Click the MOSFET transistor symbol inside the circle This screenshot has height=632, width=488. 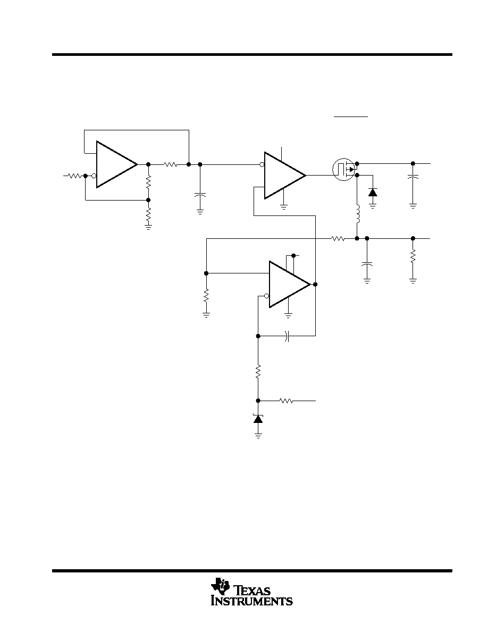(x=343, y=169)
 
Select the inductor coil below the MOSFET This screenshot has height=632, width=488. (x=357, y=214)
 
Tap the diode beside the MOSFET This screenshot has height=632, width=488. (x=373, y=192)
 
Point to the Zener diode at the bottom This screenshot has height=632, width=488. (x=258, y=418)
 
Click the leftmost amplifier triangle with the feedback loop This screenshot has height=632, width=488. (x=117, y=164)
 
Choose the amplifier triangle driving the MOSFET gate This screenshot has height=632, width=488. (x=285, y=176)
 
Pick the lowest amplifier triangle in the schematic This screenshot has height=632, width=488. (x=290, y=284)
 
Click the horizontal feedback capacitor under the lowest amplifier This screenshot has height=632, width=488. (x=287, y=335)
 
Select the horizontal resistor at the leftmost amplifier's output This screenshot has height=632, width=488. (x=170, y=164)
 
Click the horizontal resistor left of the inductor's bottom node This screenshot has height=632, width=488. (x=338, y=239)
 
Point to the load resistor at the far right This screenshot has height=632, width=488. (x=413, y=256)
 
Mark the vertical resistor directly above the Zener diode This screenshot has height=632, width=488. (x=258, y=371)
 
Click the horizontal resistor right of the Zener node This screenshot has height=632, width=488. (x=287, y=401)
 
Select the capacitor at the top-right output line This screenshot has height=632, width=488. (x=413, y=177)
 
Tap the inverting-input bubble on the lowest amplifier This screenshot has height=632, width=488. (x=266, y=296)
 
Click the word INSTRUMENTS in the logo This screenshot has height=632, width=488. (x=252, y=601)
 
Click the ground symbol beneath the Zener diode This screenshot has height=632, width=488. (x=258, y=435)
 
